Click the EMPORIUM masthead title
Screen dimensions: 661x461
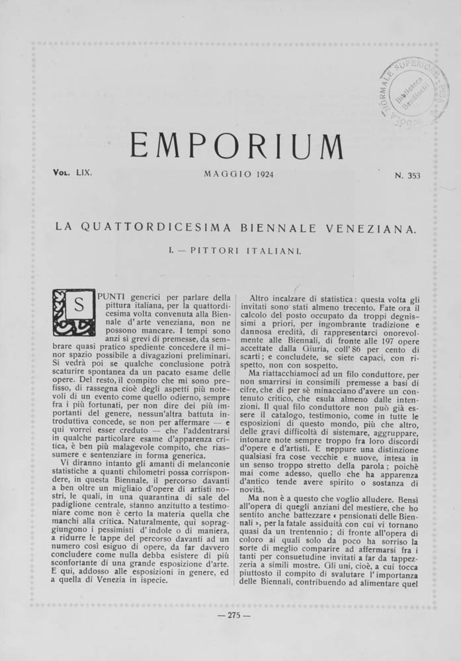pos(236,145)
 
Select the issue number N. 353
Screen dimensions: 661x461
pos(408,175)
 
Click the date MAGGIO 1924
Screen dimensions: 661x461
pos(239,175)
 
